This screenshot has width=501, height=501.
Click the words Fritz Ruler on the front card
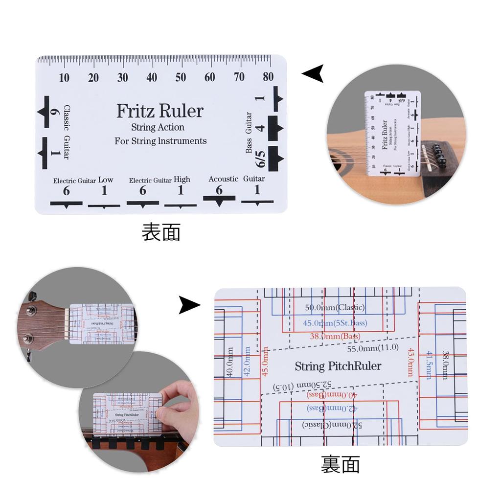click(159, 111)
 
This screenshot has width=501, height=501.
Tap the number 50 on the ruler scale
click(181, 77)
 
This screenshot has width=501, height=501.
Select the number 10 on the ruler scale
click(64, 77)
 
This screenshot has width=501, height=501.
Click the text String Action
click(158, 127)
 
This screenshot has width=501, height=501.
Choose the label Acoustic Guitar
click(236, 179)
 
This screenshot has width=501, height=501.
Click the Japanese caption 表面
click(161, 232)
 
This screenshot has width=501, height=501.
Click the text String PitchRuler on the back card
click(338, 366)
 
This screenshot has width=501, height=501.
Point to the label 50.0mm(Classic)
click(335, 308)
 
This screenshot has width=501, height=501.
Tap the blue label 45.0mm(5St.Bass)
click(335, 323)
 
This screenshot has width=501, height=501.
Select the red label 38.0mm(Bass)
click(335, 337)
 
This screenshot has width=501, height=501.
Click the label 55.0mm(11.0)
click(373, 348)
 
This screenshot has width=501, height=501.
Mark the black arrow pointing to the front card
click(313, 74)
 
